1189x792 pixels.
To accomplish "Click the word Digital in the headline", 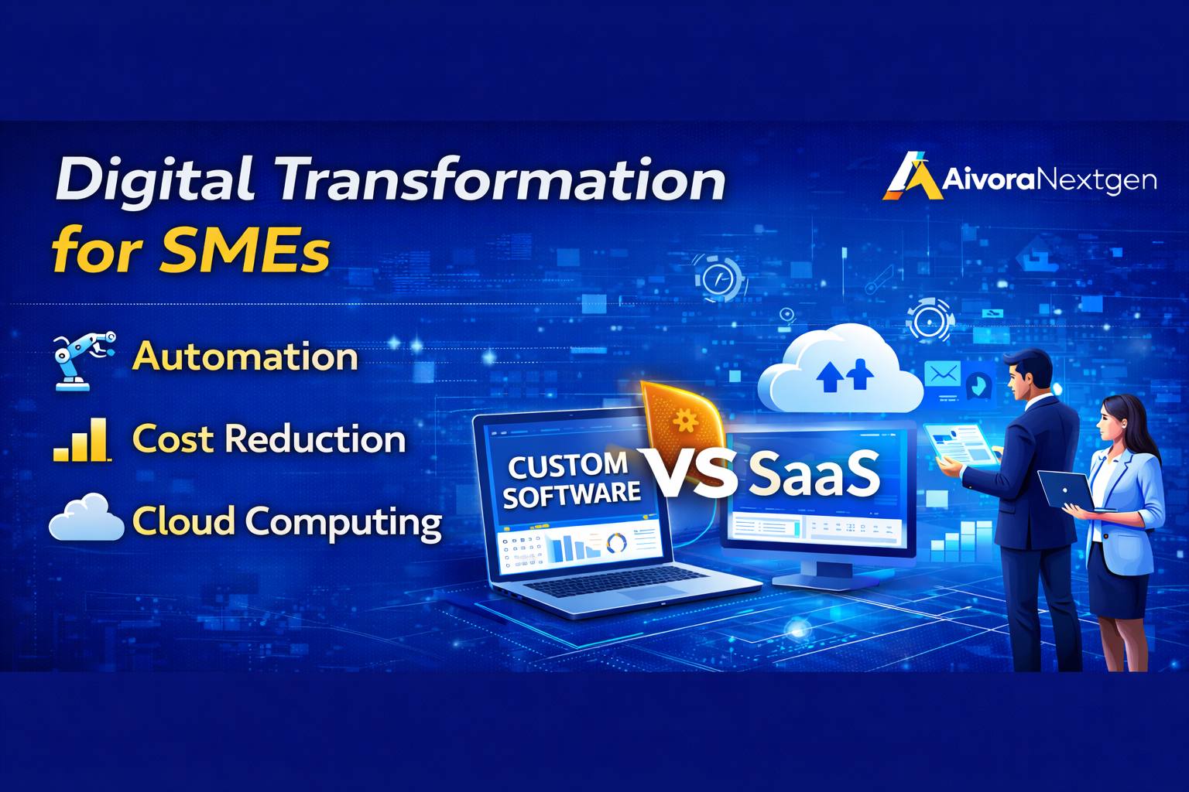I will click(x=154, y=181).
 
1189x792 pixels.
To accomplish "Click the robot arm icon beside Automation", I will click(x=82, y=359).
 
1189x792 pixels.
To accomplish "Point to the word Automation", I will click(x=245, y=357).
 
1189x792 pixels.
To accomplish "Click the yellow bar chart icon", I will click(x=82, y=440).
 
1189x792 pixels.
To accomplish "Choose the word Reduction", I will click(x=314, y=439).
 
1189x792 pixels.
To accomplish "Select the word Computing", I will click(x=344, y=522).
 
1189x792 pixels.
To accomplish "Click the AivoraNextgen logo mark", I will click(x=911, y=176).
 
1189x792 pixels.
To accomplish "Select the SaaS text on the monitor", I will click(x=814, y=474).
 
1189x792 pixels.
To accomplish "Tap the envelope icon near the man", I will click(x=943, y=374).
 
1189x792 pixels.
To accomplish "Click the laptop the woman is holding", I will click(x=1066, y=489).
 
